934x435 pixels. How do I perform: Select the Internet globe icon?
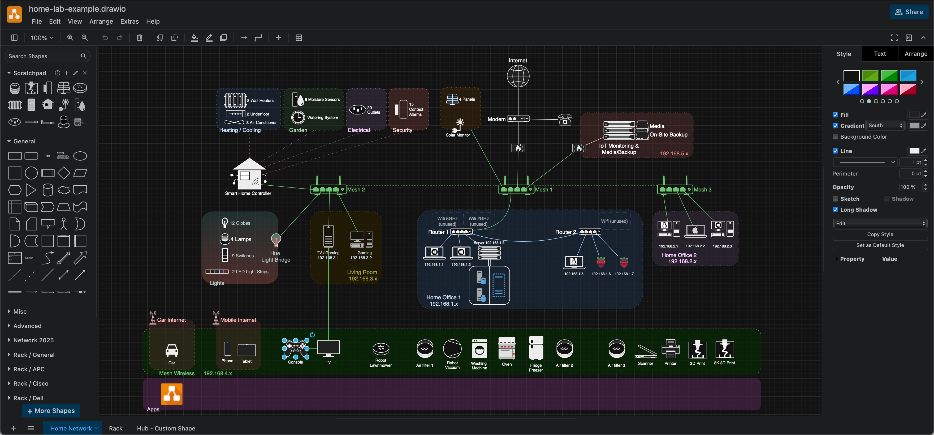coord(518,76)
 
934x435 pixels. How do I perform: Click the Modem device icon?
coord(518,119)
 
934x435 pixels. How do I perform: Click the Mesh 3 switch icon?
coord(675,189)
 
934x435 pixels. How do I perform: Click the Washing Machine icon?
coord(479,349)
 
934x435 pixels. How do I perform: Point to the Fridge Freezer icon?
coord(536,348)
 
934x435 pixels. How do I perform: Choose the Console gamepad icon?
coord(296,348)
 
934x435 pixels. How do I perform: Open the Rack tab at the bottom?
coord(116,428)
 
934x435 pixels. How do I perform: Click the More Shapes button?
coord(51,411)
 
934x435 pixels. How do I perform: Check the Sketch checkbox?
coord(835,199)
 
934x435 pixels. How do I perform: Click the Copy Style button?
coord(880,234)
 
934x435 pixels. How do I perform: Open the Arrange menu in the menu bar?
coord(101,22)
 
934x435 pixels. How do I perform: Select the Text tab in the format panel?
coord(880,54)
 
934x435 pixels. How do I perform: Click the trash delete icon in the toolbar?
coord(140,38)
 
